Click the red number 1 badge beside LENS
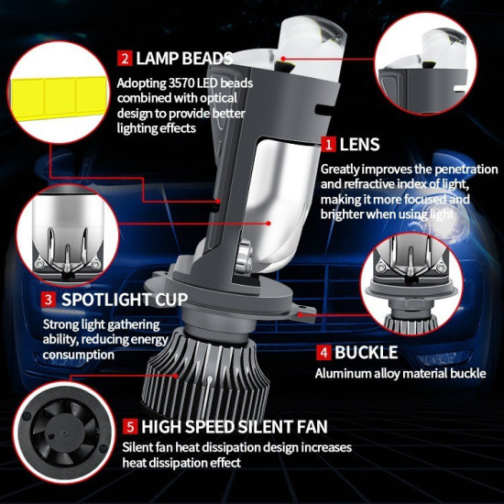click(x=327, y=145)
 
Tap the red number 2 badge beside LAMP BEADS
click(x=125, y=60)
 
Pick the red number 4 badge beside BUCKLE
click(x=323, y=353)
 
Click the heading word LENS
click(x=359, y=145)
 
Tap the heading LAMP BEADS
click(x=184, y=60)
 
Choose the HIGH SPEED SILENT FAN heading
click(x=234, y=427)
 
